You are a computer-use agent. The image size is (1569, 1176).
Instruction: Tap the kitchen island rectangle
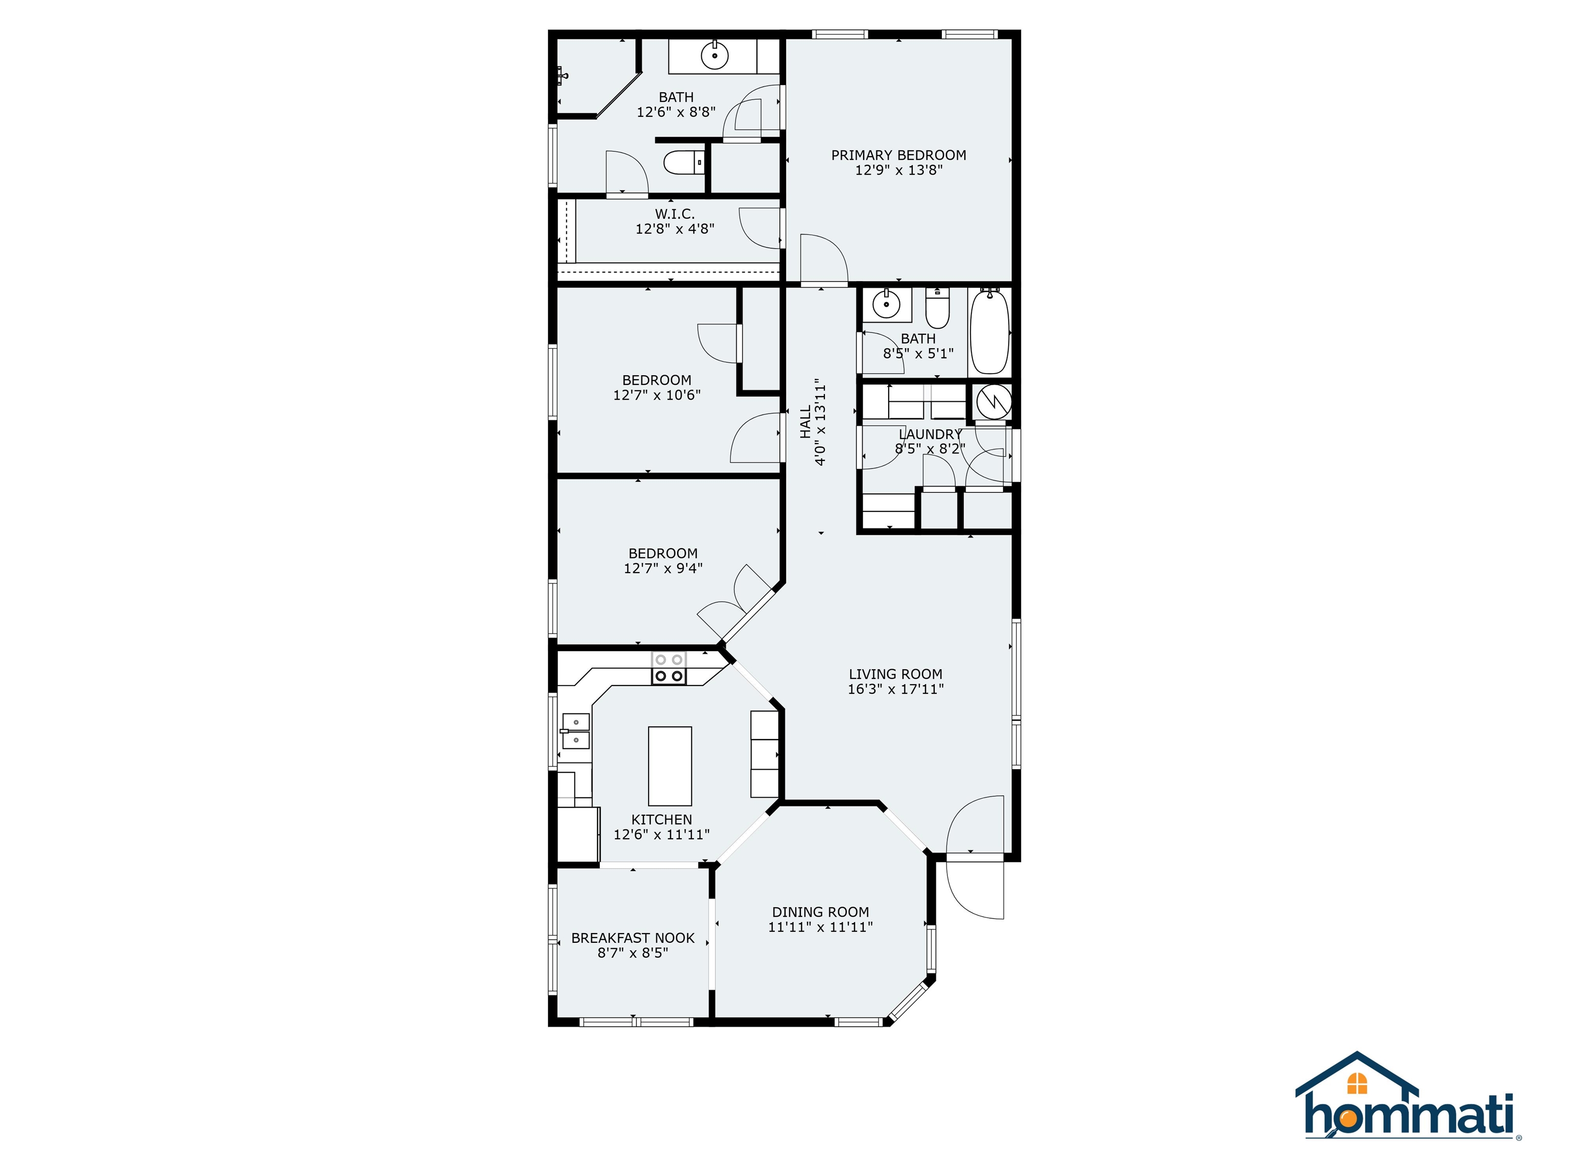pyautogui.click(x=670, y=766)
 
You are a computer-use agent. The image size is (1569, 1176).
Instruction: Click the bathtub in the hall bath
pyautogui.click(x=989, y=331)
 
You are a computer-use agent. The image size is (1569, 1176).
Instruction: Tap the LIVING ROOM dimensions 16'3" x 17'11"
pyautogui.click(x=896, y=689)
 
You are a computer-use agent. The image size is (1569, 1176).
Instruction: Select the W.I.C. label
pyautogui.click(x=675, y=213)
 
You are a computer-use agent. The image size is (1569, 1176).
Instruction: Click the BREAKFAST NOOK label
pyautogui.click(x=633, y=938)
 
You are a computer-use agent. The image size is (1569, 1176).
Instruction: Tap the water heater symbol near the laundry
pyautogui.click(x=993, y=401)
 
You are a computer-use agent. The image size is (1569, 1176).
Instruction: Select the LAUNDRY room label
pyautogui.click(x=930, y=434)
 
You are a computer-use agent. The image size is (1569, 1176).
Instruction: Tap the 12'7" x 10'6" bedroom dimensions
pyautogui.click(x=657, y=396)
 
